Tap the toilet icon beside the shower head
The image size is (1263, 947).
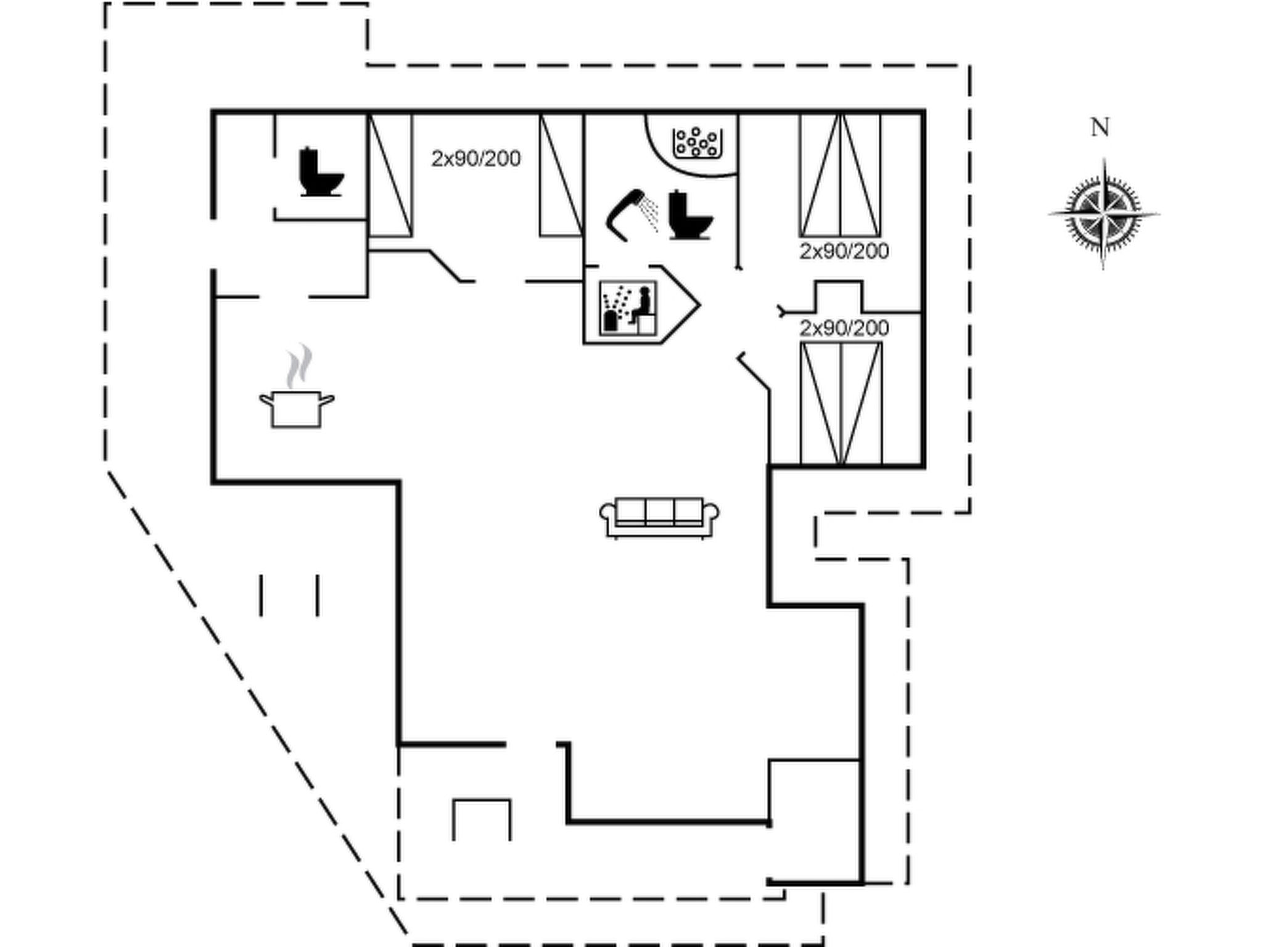coord(690,215)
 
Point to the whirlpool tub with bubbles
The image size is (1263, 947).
coord(696,142)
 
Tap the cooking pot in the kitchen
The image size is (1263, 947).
coord(297,408)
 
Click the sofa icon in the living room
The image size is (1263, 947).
coord(659,517)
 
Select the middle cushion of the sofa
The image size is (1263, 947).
coord(659,512)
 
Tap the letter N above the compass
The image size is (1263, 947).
coord(1100,128)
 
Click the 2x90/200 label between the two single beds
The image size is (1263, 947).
coord(475,159)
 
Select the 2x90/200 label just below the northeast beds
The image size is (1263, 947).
coord(844,252)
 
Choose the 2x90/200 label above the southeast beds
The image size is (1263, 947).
coord(844,328)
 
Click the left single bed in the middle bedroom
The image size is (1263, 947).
coord(390,175)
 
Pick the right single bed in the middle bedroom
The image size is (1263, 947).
coord(561,175)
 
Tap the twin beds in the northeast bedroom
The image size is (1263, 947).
coord(840,175)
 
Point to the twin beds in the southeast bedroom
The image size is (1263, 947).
coord(841,403)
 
